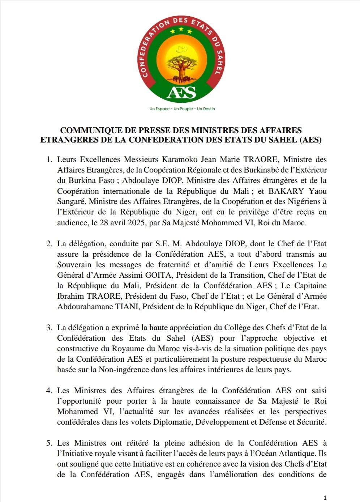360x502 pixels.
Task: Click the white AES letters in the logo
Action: click(181, 93)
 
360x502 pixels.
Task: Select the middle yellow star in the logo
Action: click(181, 30)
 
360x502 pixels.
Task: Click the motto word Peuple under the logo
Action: click(186, 109)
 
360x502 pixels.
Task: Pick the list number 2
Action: click(49, 244)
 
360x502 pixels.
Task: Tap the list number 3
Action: click(49, 328)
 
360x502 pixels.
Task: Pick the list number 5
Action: click(49, 443)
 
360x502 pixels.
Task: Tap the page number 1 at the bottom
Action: click(325, 498)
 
